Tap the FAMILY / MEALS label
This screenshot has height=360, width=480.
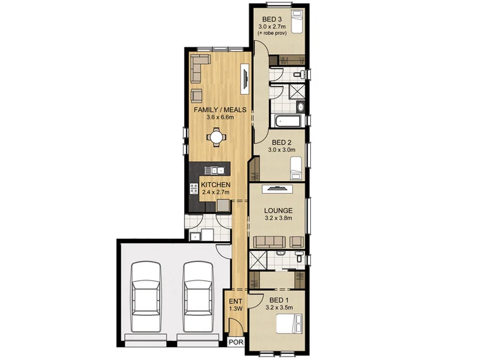220,110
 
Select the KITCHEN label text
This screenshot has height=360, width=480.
215,185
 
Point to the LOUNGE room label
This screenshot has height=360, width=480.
278,211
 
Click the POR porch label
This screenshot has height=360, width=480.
236,342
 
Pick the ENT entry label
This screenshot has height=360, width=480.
236,301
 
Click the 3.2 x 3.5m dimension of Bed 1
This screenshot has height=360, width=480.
279,308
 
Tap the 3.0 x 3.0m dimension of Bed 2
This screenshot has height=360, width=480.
281,150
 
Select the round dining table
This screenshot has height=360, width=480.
216,137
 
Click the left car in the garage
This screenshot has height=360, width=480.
146,296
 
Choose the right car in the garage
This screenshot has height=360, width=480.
199,296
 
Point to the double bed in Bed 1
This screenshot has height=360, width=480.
289,324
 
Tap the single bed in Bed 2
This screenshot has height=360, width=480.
296,168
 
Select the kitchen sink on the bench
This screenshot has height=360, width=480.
214,170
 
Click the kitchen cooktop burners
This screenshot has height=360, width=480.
194,188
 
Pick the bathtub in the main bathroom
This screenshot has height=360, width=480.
288,121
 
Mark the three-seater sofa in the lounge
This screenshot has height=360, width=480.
269,242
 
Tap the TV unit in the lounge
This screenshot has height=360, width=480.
277,189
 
